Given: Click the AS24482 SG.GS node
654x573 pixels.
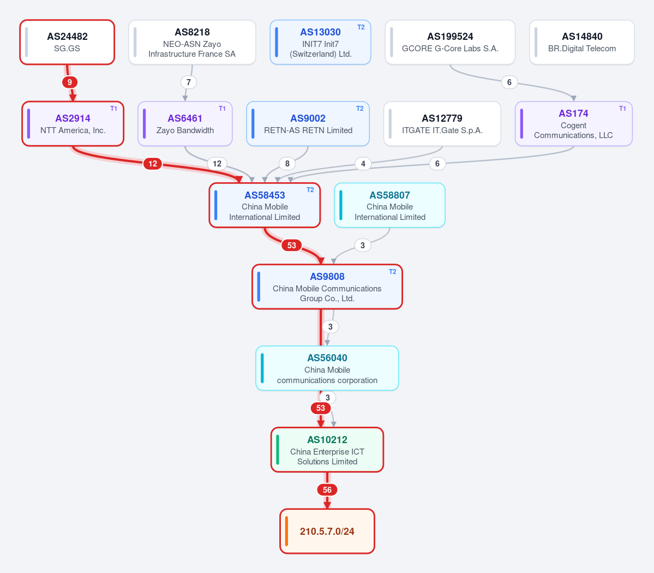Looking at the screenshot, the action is [67, 42].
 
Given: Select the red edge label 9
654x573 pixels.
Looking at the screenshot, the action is [70, 82].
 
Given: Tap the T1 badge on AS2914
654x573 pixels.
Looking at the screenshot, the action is [113, 109].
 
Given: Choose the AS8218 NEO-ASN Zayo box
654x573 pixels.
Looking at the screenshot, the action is [193, 42].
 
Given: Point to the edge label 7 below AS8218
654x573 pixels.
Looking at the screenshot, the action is [189, 82].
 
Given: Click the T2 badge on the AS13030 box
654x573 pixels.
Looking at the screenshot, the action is [361, 27].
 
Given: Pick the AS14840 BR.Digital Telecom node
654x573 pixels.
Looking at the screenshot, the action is [582, 42].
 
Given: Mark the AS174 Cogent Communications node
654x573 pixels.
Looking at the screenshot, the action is [573, 124].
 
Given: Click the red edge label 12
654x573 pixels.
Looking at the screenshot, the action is [153, 164].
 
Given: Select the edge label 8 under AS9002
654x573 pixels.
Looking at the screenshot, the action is [287, 164].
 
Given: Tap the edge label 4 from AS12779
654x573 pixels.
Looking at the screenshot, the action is [363, 164].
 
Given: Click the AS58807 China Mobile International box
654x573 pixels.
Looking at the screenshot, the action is [389, 205].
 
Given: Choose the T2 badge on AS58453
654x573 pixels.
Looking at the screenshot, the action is [310, 190].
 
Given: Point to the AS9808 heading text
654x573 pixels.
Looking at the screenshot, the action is [327, 277].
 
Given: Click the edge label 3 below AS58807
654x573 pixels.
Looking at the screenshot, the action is [362, 246].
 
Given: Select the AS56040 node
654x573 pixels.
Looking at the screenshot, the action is [327, 368].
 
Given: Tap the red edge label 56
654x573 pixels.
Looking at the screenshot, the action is [327, 490].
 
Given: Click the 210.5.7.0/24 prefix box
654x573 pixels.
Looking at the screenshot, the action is [327, 532].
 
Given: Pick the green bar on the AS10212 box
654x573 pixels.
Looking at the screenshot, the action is [278, 450].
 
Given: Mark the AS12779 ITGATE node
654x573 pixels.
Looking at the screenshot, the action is [442, 124].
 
